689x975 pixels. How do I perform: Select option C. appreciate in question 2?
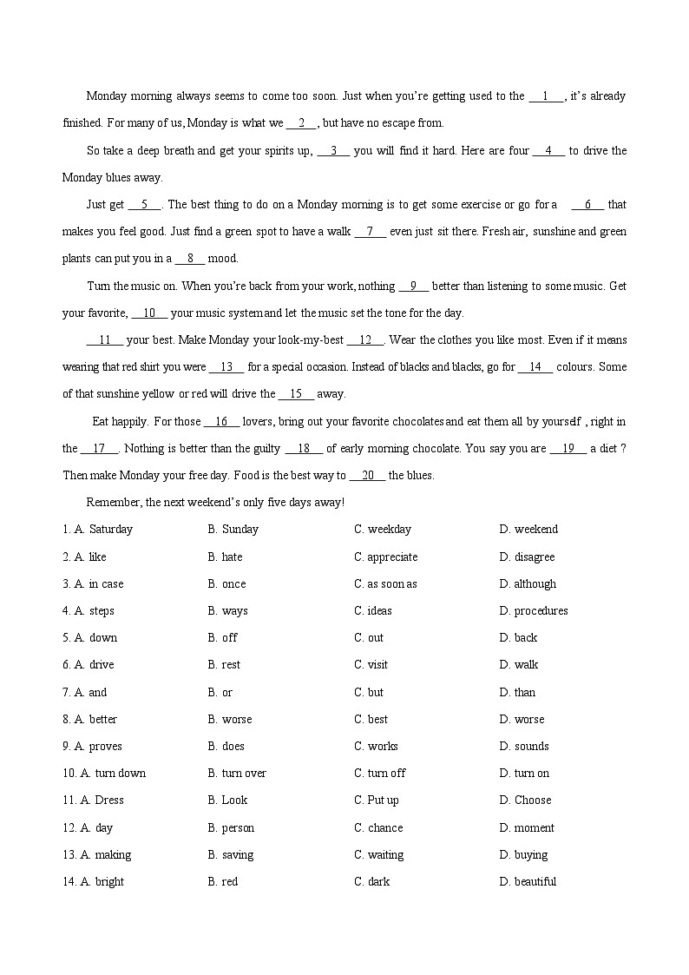[x=385, y=557]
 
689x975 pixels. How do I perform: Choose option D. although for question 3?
[x=528, y=584]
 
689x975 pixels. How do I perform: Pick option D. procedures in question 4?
[x=534, y=611]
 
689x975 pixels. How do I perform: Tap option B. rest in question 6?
[x=224, y=665]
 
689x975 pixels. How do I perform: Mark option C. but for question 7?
[x=368, y=693]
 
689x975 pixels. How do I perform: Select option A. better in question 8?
[x=95, y=720]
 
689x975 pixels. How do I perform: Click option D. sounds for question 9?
[x=524, y=747]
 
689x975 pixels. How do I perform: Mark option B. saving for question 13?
[x=231, y=855]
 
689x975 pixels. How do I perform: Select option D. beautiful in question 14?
[x=528, y=882]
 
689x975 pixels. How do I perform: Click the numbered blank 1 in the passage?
[x=546, y=96]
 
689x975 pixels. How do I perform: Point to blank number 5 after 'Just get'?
[x=144, y=205]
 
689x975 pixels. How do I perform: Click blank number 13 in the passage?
[x=226, y=367]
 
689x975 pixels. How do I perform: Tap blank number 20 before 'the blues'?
[x=367, y=476]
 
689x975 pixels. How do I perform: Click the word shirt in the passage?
[x=168, y=367]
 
